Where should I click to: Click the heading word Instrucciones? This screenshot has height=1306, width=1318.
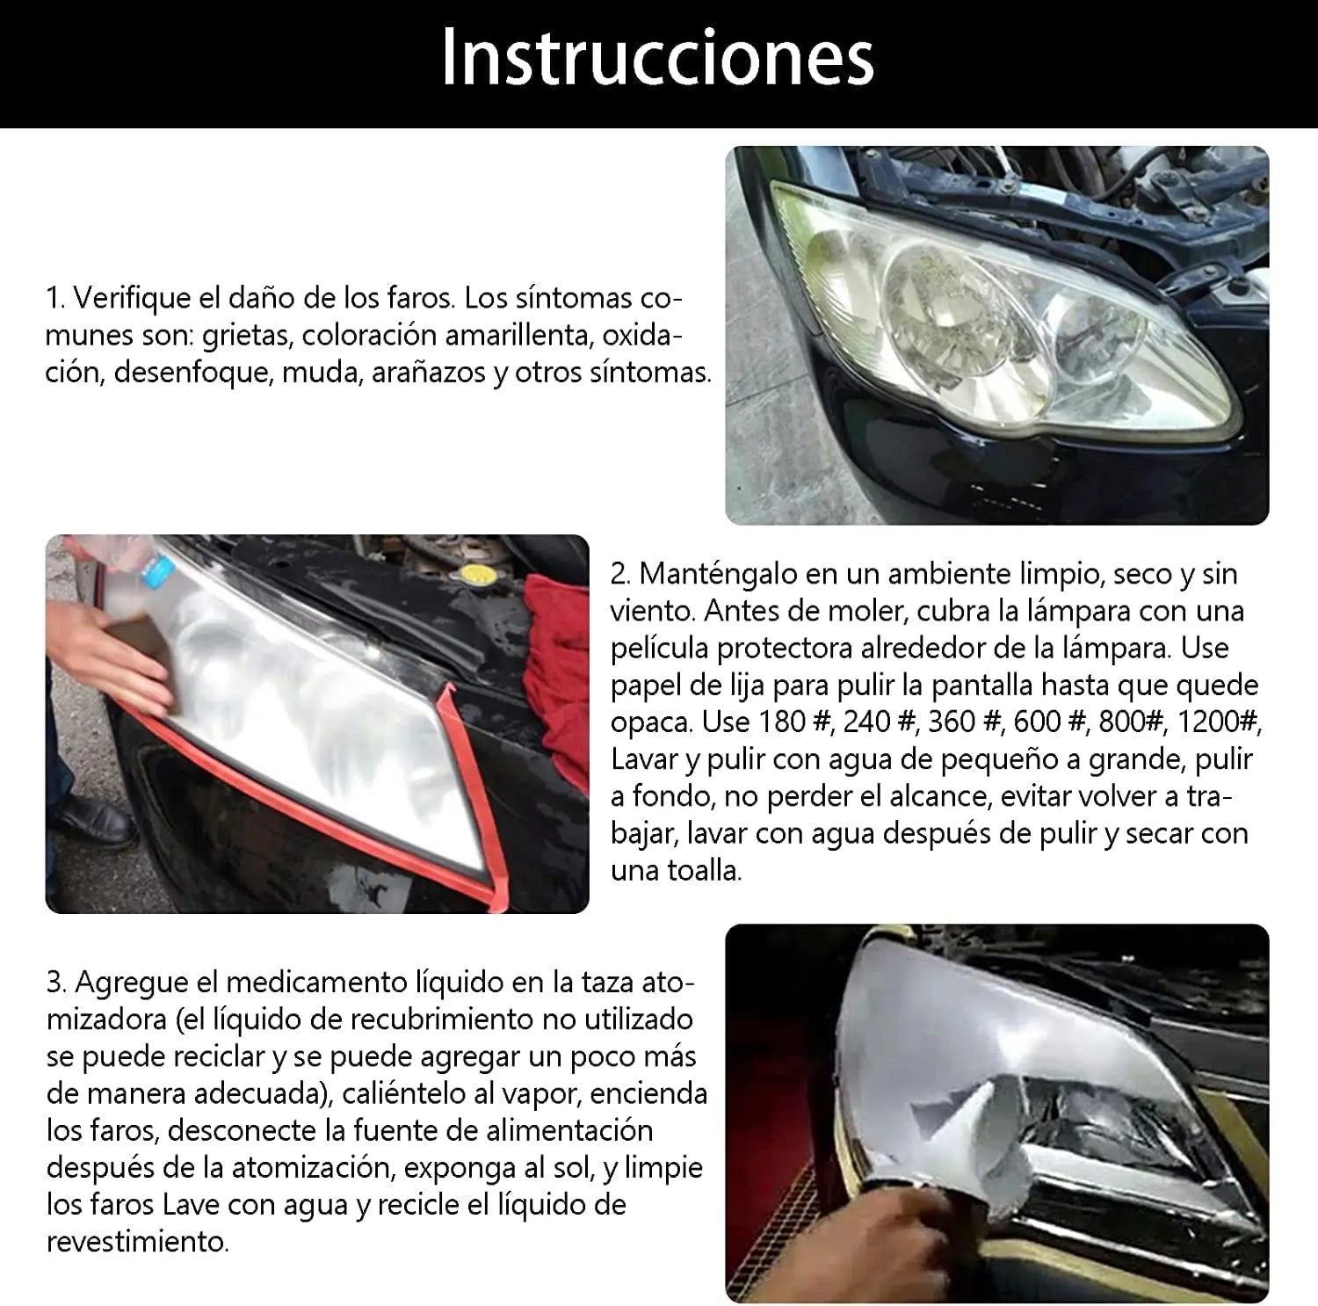click(657, 58)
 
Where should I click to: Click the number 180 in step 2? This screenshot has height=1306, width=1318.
click(782, 722)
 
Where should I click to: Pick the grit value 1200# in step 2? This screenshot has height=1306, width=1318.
click(1219, 722)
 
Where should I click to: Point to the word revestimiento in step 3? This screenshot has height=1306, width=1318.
click(137, 1241)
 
